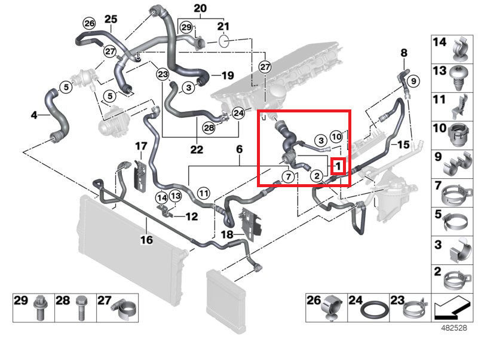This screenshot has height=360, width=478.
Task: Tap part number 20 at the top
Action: pos(200,8)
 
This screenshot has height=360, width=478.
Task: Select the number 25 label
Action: pos(111,19)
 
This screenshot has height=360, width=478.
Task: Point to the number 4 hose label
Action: pos(34,114)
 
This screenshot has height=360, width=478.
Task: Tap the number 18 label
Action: pos(228,235)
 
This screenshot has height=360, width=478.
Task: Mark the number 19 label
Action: pos(228,76)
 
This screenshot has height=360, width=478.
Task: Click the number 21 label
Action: pos(223,26)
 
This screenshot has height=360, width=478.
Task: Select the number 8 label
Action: pos(404,53)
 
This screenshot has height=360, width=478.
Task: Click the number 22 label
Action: pos(197,149)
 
